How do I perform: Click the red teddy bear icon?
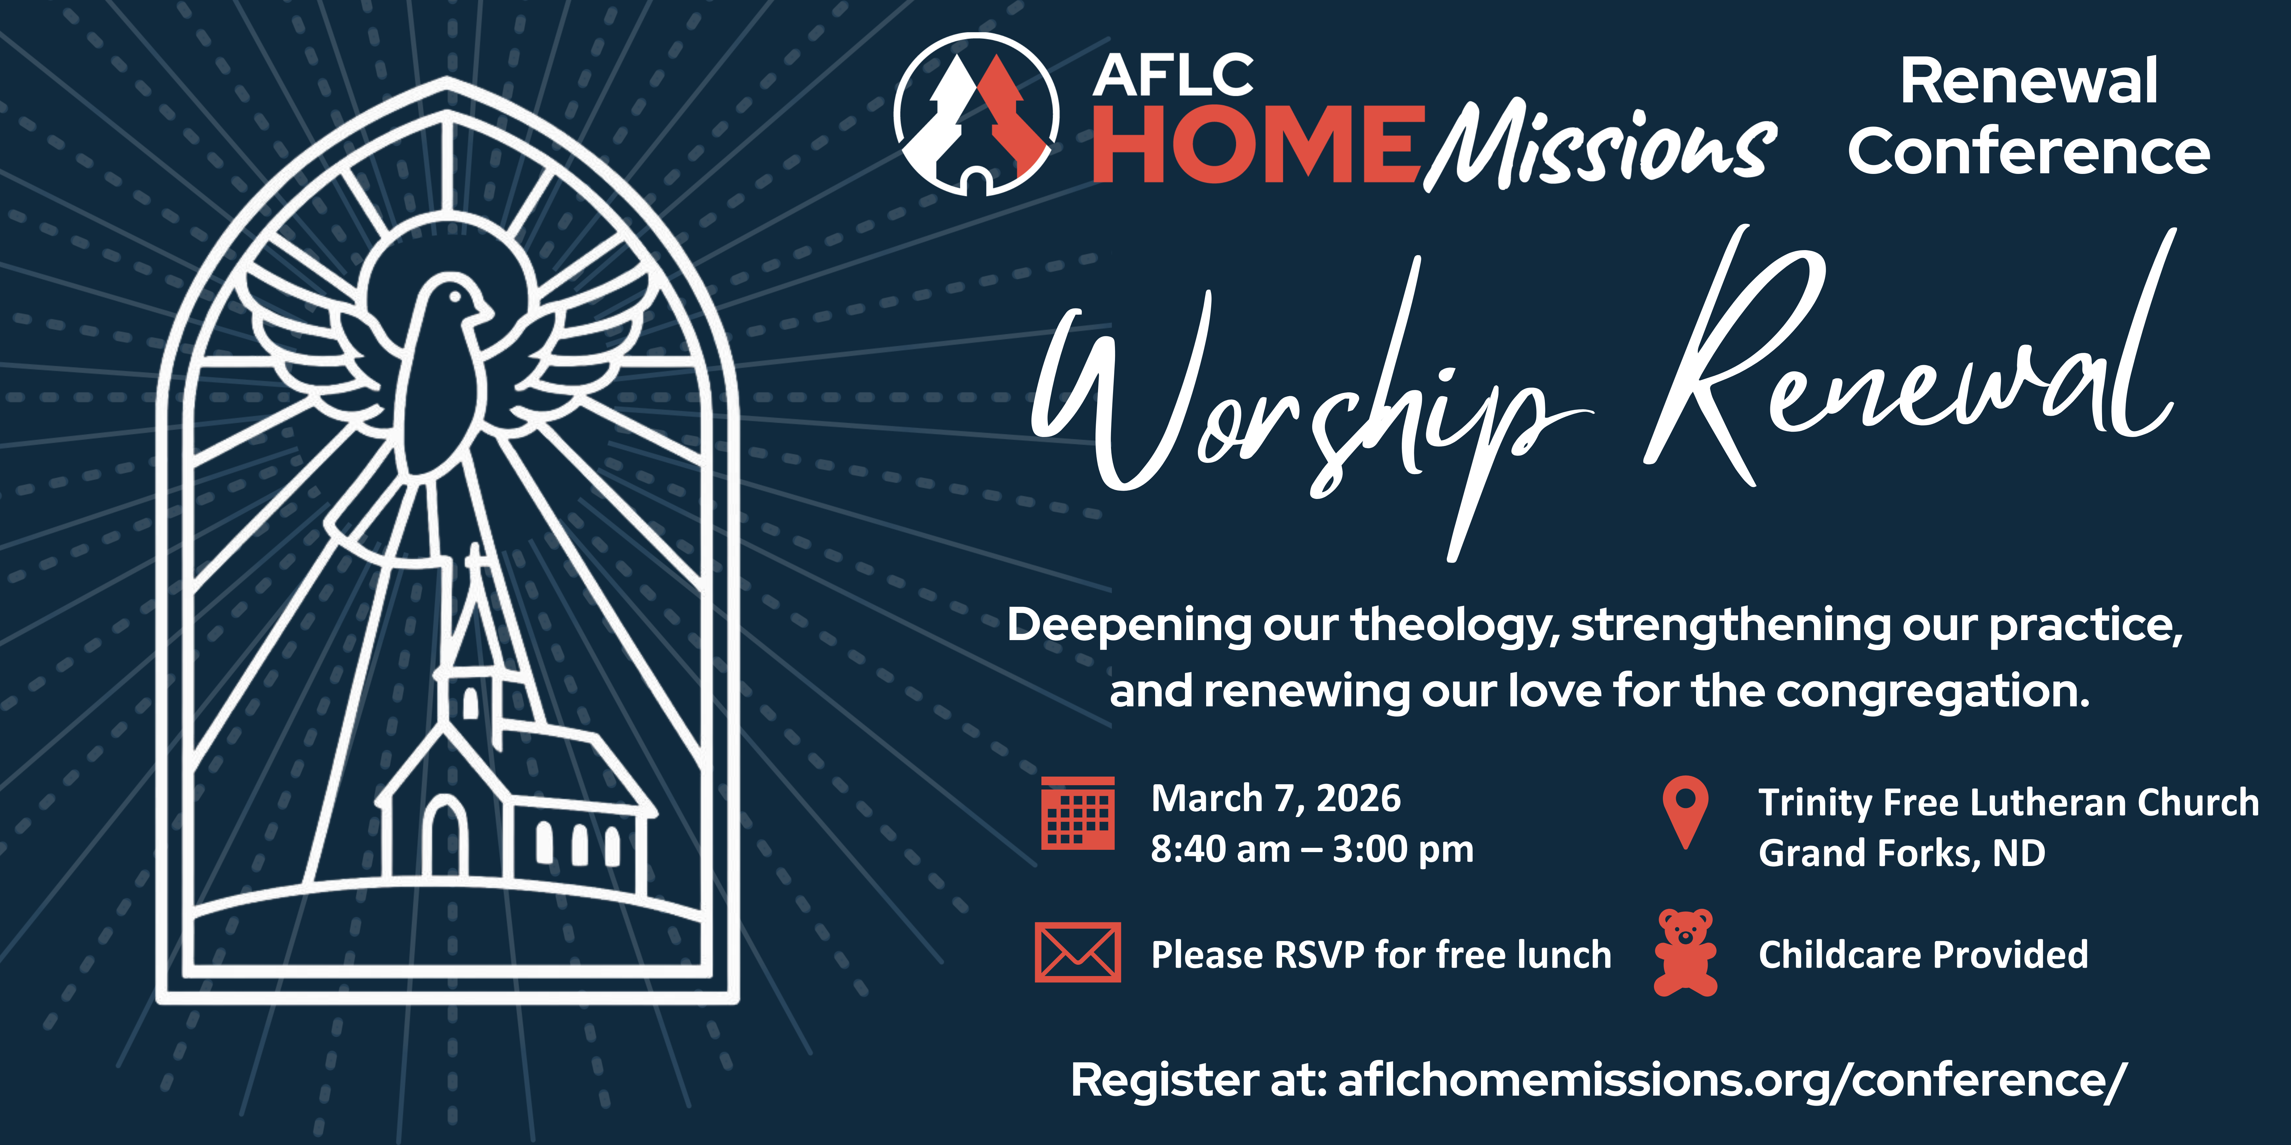1685,952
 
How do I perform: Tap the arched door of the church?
445,837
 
